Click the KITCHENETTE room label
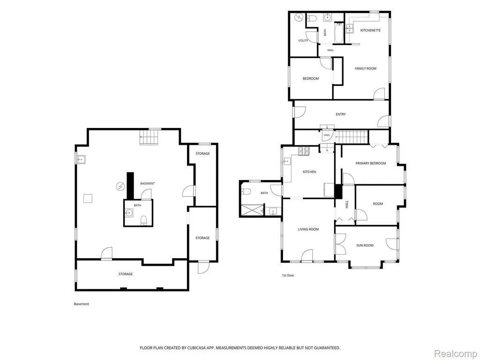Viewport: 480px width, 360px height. pyautogui.click(x=370, y=30)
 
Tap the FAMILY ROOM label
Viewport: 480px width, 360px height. pyautogui.click(x=366, y=68)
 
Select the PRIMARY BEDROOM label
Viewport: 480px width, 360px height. pyautogui.click(x=371, y=164)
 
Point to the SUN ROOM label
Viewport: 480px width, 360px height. pyautogui.click(x=365, y=246)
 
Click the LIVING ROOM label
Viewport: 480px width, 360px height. pyautogui.click(x=308, y=229)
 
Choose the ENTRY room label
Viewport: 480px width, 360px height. pyautogui.click(x=341, y=114)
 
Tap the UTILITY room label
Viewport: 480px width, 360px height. pyautogui.click(x=303, y=41)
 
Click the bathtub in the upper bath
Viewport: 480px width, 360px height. pyautogui.click(x=339, y=33)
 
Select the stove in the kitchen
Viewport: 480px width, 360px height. pyautogui.click(x=304, y=150)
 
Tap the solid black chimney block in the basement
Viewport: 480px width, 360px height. pyautogui.click(x=131, y=186)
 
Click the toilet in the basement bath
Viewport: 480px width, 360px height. pyautogui.click(x=143, y=220)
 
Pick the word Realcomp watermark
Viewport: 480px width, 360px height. pyautogui.click(x=456, y=353)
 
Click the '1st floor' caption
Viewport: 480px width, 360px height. pyautogui.click(x=288, y=276)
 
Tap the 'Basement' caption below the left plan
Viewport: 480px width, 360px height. pyautogui.click(x=82, y=304)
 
